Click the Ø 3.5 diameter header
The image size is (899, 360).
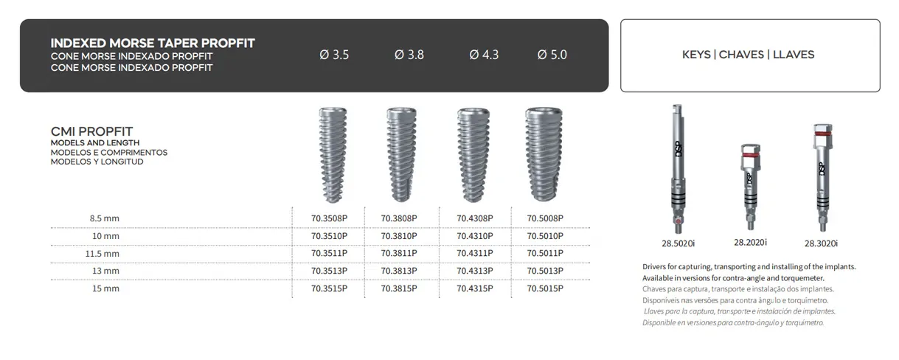pos(334,55)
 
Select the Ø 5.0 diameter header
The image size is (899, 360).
pos(552,55)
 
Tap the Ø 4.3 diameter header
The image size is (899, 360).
pos(484,55)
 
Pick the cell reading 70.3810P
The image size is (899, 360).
pos(399,236)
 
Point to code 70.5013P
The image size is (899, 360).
pos(545,271)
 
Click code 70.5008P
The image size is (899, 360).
pos(545,218)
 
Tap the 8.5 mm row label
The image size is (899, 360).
pos(104,218)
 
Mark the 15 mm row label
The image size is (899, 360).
pos(105,288)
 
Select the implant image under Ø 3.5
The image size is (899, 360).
pos(330,155)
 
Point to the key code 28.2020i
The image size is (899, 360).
pos(750,242)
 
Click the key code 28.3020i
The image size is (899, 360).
pos(821,243)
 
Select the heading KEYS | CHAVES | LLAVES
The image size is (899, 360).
pos(749,55)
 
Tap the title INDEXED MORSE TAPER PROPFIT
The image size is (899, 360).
pos(153,44)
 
